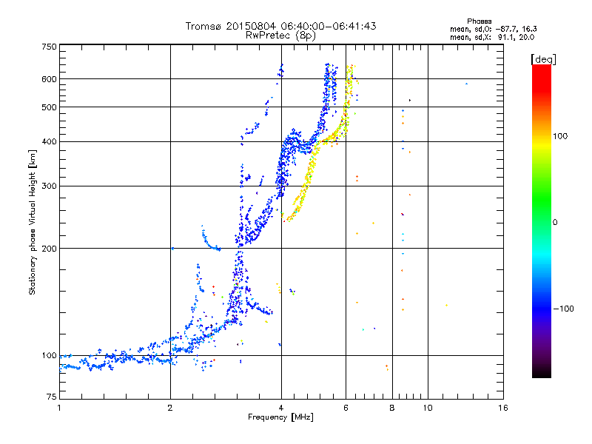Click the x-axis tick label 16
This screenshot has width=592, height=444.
pyautogui.click(x=502, y=408)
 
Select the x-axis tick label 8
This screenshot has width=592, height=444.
pyautogui.click(x=392, y=408)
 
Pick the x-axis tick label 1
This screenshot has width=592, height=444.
pyautogui.click(x=59, y=408)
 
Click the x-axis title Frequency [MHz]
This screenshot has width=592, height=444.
pyautogui.click(x=280, y=417)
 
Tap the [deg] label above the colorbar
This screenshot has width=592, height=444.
pyautogui.click(x=543, y=58)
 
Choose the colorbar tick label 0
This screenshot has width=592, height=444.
pyautogui.click(x=556, y=222)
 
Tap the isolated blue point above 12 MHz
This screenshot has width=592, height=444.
pyautogui.click(x=466, y=84)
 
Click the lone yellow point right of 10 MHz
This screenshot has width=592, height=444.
pyautogui.click(x=446, y=305)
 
